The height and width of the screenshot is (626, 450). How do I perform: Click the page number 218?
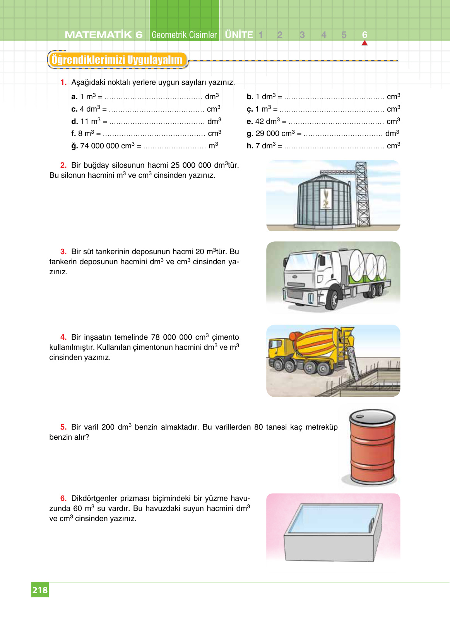click(40, 590)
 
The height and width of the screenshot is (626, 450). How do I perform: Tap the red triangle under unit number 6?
click(364, 43)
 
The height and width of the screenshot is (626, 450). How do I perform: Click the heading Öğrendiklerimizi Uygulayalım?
click(117, 60)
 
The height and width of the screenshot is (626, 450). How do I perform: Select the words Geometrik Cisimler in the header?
click(184, 35)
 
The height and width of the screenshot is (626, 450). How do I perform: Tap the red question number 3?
click(63, 251)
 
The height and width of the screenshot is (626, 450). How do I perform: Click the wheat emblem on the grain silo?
click(326, 198)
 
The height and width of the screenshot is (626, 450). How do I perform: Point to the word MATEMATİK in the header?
click(98, 35)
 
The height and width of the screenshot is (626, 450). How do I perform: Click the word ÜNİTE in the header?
click(239, 35)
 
